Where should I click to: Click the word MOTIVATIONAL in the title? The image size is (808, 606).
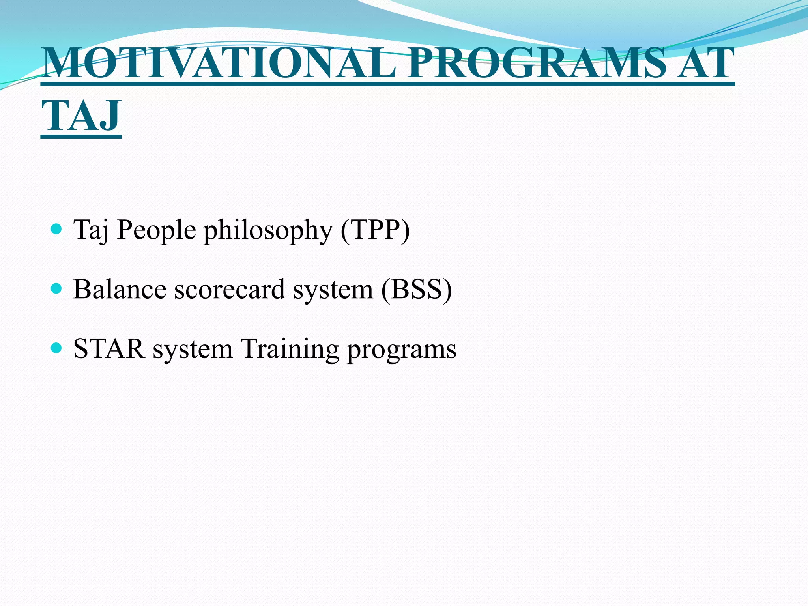[219, 64]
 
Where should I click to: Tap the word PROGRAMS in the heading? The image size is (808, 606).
[537, 64]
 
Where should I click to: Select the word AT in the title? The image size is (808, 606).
[705, 64]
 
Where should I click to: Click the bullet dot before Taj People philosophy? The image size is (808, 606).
[57, 229]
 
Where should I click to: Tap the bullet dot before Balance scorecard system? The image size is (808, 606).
[57, 289]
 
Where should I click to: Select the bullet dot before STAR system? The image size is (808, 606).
[57, 348]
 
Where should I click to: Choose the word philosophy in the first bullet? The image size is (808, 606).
[268, 230]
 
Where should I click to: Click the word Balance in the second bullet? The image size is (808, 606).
[120, 290]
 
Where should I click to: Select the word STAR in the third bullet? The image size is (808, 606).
[109, 349]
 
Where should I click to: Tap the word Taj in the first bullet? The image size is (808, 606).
[91, 230]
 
